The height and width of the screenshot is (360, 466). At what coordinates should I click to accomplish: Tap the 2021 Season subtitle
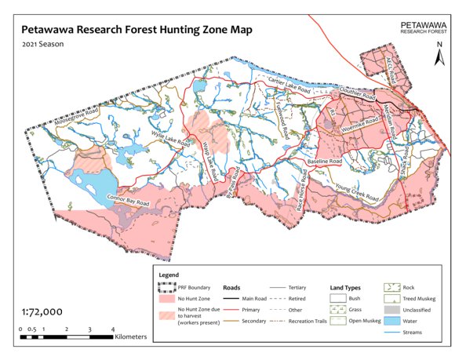pos(43,44)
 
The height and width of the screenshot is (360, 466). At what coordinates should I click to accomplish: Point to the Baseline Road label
pos(326,161)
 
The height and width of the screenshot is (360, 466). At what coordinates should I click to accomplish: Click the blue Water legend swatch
pos(392,322)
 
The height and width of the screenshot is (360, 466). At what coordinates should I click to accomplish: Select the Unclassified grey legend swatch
pos(392,311)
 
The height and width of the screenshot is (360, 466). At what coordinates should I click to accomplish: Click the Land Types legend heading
pos(344,288)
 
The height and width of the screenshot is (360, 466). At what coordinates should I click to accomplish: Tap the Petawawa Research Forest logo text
pos(424,28)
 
